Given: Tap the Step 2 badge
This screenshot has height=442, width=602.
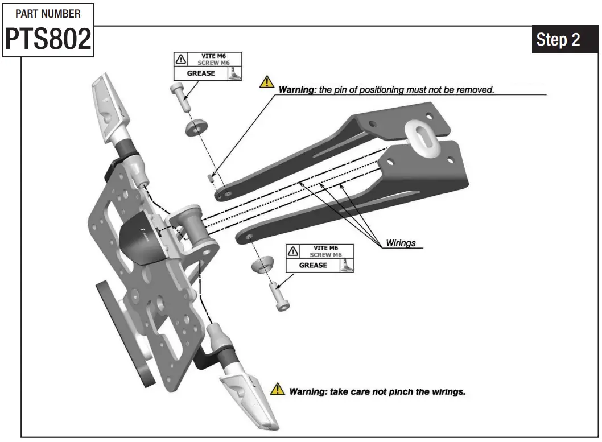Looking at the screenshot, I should pos(558,40).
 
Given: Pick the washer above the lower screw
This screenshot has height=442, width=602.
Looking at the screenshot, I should pos(261,265).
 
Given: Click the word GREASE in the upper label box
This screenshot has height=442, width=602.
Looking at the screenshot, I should pos(201,73).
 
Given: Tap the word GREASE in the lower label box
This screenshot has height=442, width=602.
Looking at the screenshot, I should pos(313,265).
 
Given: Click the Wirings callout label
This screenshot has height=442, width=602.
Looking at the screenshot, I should pos(401,243).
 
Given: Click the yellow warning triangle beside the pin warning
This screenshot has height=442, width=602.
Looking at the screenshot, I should pos(266,82).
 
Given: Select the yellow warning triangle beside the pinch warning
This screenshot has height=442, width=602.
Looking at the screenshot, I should pos(277,389).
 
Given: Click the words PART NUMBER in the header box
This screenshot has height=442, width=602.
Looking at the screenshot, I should pos(48,13).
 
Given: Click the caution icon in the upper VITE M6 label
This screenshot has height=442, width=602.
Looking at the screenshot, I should pos(181,59).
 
